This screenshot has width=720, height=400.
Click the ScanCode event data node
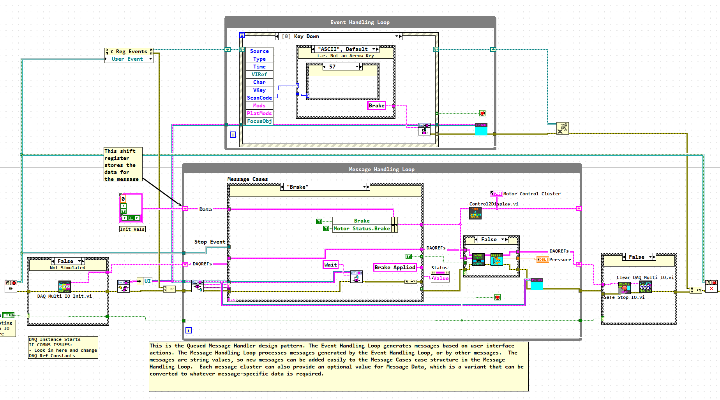[x=259, y=98]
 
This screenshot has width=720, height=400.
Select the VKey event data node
[x=259, y=90]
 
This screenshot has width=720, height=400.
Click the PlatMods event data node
[x=259, y=113]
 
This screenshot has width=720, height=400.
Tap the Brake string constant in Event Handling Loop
[x=376, y=105]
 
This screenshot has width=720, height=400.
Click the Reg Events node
[x=131, y=51]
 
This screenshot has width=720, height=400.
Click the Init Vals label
[x=132, y=229]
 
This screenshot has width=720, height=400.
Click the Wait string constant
[x=330, y=265]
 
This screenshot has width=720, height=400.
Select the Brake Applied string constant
[x=395, y=267]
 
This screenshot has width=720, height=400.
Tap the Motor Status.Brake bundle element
[x=362, y=228]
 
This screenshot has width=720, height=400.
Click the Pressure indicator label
[x=560, y=260]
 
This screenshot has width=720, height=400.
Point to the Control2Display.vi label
[x=494, y=204]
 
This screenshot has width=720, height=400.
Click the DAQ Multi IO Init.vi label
[x=65, y=296]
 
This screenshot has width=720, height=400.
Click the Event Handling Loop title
[x=360, y=22]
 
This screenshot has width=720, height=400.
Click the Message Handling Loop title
[x=381, y=169]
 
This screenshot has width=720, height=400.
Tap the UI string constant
[x=147, y=281]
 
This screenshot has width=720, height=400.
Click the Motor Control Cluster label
[x=532, y=194]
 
